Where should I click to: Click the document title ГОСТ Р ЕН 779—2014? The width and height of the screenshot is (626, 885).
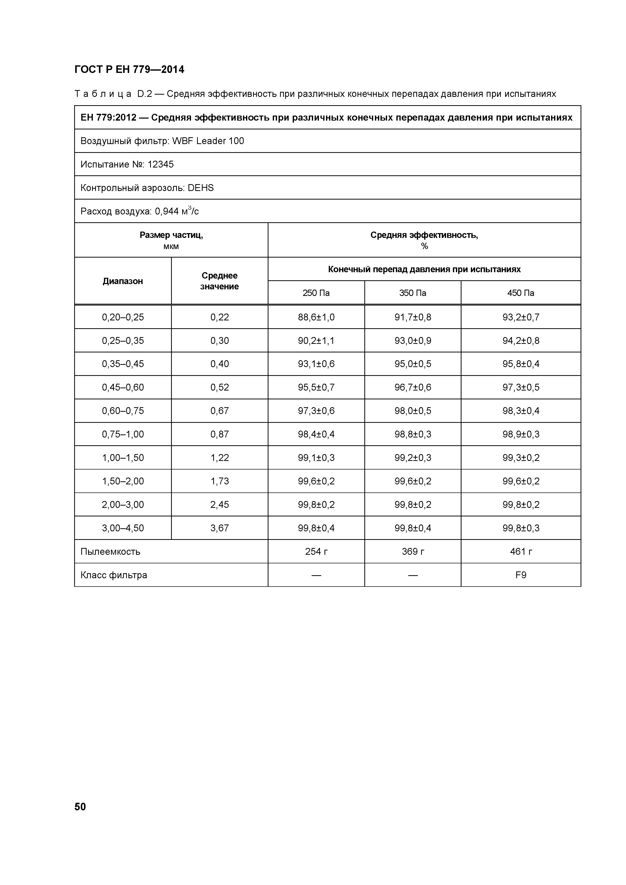[129, 70]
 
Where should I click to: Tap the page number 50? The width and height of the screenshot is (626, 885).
[80, 807]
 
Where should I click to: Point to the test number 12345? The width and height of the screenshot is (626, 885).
[160, 164]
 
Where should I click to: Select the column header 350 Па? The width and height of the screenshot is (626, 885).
[413, 293]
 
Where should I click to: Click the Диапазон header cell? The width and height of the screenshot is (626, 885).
[123, 281]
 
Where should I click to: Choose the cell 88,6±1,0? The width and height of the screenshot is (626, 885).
[316, 317]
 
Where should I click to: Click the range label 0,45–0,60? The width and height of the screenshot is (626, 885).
[123, 388]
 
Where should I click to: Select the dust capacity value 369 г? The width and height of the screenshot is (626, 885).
[413, 551]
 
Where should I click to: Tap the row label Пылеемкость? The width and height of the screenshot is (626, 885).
[110, 551]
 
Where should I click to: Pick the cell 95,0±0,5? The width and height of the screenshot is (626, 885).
[413, 364]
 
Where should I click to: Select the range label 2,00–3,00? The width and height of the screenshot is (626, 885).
[123, 505]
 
